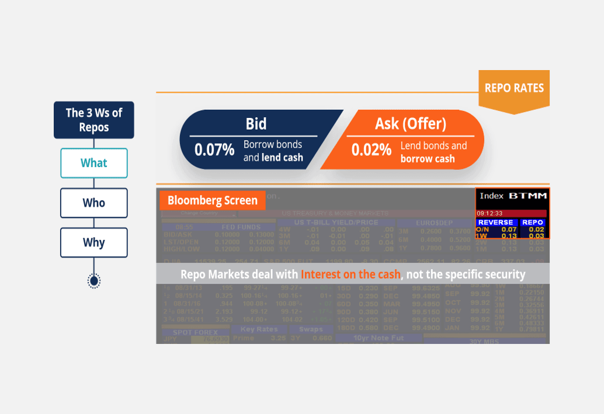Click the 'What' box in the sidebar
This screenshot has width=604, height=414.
93,163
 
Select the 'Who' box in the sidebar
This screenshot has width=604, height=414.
93,203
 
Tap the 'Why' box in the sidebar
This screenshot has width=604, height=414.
93,242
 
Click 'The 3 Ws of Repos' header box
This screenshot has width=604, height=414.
93,120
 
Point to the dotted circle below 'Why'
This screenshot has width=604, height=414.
93,281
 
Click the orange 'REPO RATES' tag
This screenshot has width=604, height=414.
514,88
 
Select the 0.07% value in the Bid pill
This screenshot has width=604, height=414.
214,149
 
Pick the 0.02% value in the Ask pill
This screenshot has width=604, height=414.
371,149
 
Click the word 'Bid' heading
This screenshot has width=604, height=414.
256,124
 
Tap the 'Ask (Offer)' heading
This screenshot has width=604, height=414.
410,124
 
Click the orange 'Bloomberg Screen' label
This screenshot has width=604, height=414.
212,200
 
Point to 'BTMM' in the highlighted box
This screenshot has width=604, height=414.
527,196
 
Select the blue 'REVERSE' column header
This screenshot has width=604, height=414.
495,222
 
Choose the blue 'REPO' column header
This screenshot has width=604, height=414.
532,222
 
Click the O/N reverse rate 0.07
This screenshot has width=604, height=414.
509,229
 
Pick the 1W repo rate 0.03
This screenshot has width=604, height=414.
536,236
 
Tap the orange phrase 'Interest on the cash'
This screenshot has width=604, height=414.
350,274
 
